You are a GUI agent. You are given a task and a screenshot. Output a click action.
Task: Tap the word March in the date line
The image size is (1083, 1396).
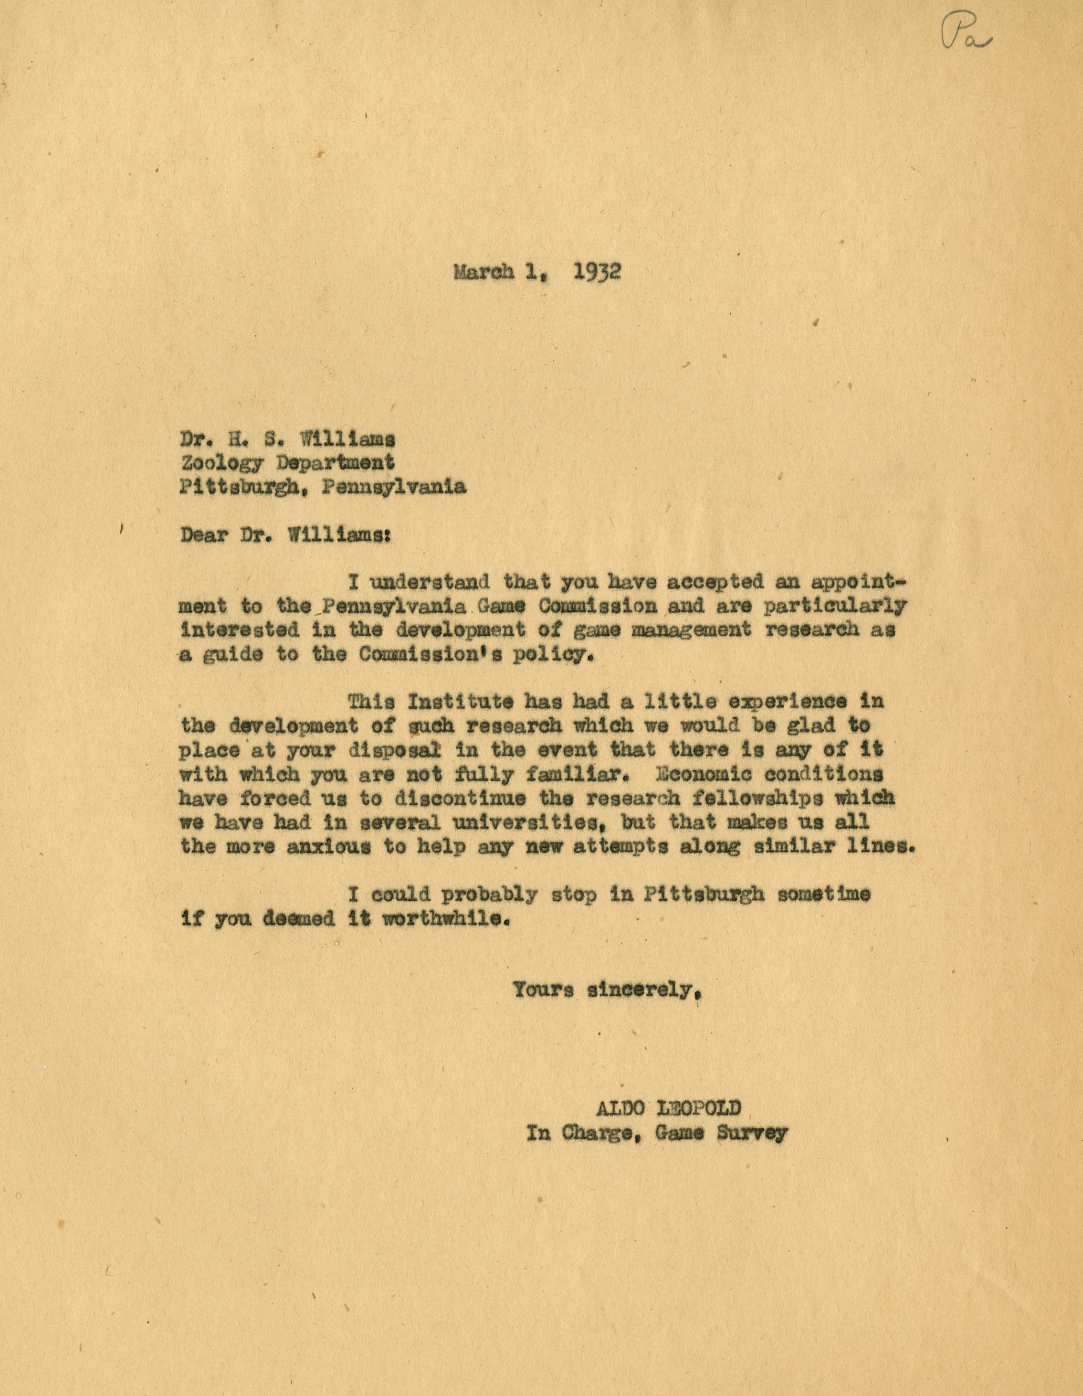(484, 272)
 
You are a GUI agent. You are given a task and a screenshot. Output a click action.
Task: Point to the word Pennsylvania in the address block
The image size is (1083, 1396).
(394, 487)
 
